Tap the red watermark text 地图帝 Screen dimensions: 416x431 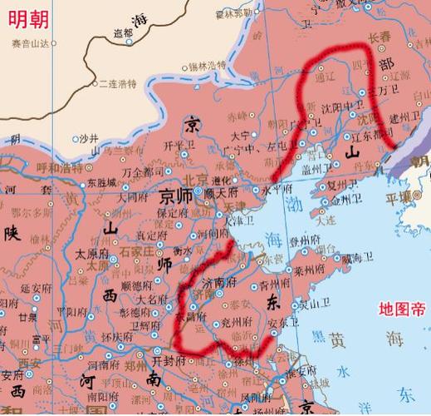pos(401,309)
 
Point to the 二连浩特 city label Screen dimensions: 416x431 pos(117,83)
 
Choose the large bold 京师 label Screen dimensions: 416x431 pos(176,197)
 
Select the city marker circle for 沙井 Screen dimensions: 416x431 pos(76,138)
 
